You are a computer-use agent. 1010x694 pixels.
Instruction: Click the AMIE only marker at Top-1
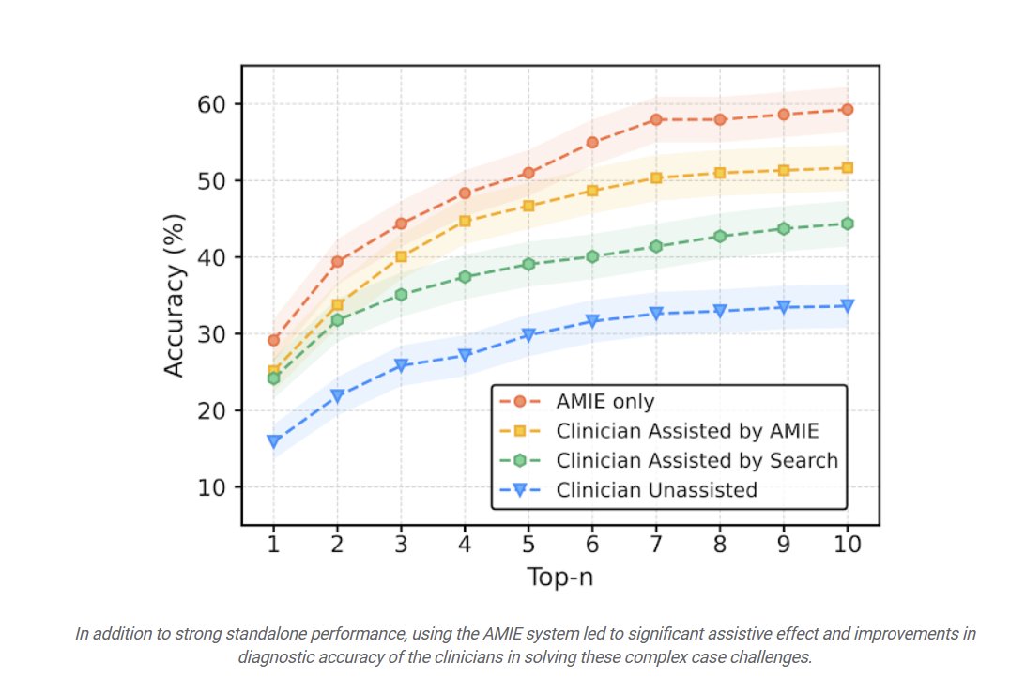coord(273,340)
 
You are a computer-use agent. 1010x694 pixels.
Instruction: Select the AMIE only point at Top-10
coord(847,110)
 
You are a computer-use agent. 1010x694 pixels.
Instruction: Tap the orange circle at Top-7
coord(656,119)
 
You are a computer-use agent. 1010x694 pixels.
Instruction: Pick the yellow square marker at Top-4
coord(465,222)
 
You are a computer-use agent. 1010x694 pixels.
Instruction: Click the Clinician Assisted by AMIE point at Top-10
coord(847,168)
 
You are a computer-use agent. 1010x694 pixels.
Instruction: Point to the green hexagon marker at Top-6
coord(592,256)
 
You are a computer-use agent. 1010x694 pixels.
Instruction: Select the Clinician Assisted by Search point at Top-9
coord(783,228)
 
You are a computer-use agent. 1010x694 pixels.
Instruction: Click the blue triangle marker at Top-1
coord(273,441)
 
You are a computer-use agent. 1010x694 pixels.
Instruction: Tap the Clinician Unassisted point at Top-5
coord(528,335)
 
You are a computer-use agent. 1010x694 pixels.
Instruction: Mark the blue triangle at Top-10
coord(847,306)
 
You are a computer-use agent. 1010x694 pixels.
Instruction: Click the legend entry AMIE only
coord(604,402)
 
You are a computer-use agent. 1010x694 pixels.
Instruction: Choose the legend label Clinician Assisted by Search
coord(696,460)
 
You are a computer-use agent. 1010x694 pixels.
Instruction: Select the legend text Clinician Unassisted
coord(656,489)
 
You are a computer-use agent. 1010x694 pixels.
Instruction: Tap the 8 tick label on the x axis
coord(719,545)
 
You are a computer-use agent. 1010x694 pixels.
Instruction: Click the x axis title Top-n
coord(559,577)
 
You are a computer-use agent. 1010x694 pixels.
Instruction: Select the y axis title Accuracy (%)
coord(174,295)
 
